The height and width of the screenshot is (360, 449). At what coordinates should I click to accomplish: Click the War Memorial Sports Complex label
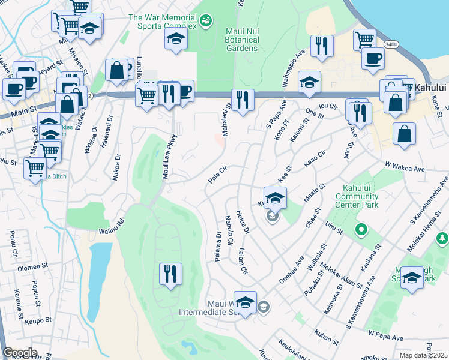pyautogui.click(x=162, y=22)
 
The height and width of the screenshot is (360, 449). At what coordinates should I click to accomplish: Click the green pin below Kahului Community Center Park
pyautogui.click(x=361, y=229)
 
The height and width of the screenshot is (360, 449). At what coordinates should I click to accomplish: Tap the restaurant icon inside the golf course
pyautogui.click(x=170, y=274)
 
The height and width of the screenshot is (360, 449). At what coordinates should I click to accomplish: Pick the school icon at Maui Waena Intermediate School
pyautogui.click(x=245, y=302)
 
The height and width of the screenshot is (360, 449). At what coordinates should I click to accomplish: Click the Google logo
pyautogui.click(x=20, y=353)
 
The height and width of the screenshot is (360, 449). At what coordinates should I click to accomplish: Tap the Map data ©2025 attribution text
pyautogui.click(x=423, y=355)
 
